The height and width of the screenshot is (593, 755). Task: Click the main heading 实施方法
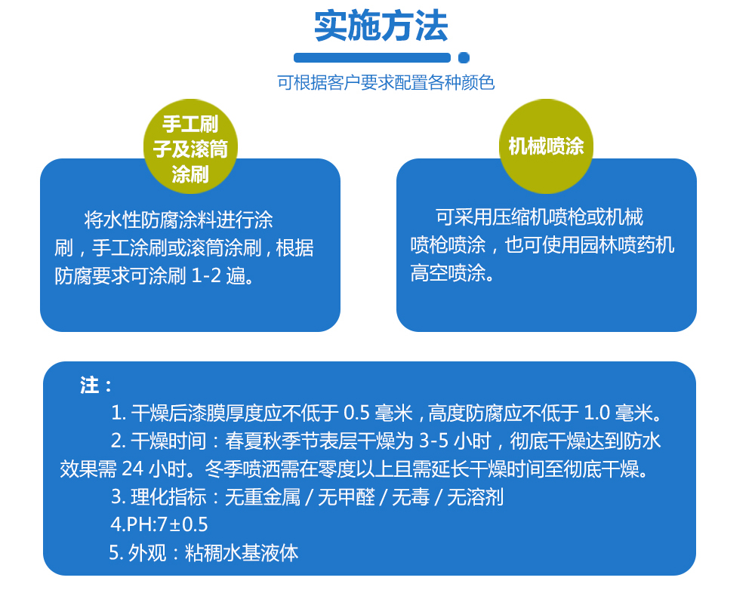coord(381,26)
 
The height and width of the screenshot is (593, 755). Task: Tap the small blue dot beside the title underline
coord(464,58)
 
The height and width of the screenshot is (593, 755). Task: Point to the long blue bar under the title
coord(371,58)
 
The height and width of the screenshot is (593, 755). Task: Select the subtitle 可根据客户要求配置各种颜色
coord(386,83)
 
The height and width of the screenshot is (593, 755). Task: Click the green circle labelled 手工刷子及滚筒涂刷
coord(190,146)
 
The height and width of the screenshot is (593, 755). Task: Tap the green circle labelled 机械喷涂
coord(546,146)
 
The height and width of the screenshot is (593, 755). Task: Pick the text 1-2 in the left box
coord(206,276)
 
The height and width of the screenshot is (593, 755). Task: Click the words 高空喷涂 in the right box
coord(448,273)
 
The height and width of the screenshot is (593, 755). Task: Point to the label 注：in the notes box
coord(96,386)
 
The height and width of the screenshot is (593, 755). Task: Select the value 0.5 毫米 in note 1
coord(378,413)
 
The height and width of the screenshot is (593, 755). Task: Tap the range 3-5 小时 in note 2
coord(455,441)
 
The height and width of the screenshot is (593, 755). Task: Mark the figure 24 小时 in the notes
coord(153,469)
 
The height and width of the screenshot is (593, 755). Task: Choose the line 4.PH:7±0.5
coord(159,524)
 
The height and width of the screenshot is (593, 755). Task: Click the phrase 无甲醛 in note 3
coord(347,496)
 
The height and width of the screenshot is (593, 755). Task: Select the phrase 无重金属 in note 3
coord(263,496)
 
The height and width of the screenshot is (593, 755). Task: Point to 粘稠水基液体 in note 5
coord(242,553)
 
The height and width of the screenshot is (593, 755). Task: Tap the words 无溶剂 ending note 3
coord(475,496)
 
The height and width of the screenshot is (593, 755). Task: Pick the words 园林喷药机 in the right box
coord(627,245)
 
